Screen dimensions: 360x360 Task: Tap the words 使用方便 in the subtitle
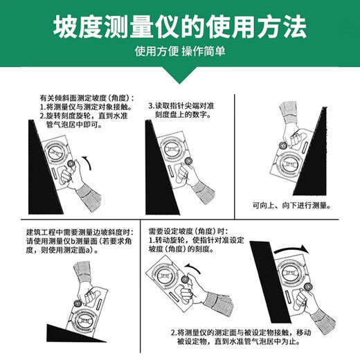click(x=156, y=53)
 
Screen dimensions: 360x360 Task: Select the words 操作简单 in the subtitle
click(x=204, y=53)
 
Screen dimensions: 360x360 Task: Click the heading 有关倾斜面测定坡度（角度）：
click(x=87, y=98)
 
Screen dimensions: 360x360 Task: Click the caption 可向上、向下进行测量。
click(x=298, y=206)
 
